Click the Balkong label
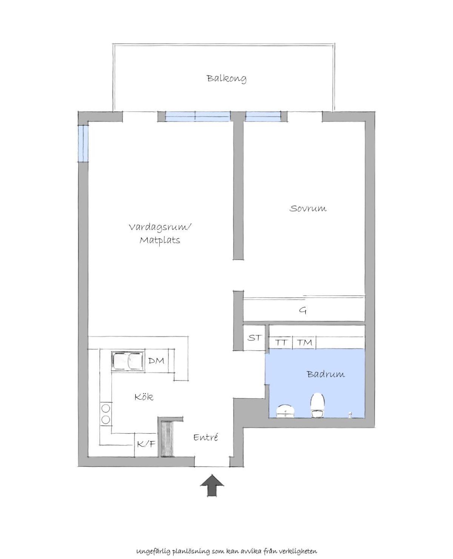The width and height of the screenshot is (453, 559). [x=226, y=79]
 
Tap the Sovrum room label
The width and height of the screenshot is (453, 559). [x=308, y=209]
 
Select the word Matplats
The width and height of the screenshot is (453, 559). [x=160, y=240]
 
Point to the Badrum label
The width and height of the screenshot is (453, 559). [x=326, y=374]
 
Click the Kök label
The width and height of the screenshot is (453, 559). [x=144, y=397]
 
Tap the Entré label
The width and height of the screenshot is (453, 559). [x=205, y=437]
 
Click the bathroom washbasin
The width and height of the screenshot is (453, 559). [x=286, y=411]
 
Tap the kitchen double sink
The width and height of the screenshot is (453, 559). [x=128, y=361]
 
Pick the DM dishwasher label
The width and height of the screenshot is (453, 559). [x=156, y=361]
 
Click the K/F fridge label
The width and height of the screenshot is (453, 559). [x=146, y=444]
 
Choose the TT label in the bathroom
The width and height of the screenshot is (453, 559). [x=281, y=342]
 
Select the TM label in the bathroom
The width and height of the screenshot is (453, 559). [x=304, y=342]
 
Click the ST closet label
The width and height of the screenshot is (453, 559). [x=254, y=338]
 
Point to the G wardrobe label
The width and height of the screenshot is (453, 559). [x=303, y=311]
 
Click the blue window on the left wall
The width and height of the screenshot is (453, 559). [x=83, y=143]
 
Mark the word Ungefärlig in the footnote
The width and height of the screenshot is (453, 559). [x=154, y=545]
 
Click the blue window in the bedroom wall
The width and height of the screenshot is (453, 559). [x=263, y=117]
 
